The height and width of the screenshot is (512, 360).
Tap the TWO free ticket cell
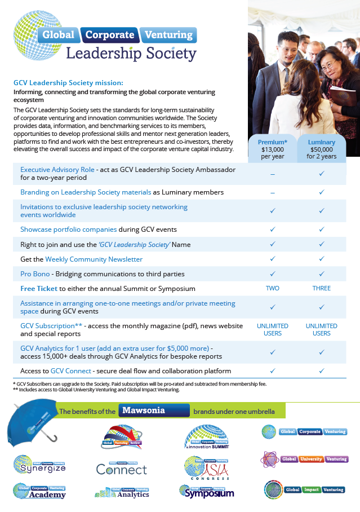point(273,288)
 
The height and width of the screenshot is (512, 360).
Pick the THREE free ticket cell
point(322,288)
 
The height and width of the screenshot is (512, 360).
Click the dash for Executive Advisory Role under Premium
point(273,174)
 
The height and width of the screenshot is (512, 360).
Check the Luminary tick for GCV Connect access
point(322,371)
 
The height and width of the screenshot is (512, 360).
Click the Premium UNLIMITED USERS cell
point(273,329)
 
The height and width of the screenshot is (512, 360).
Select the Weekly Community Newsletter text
point(94,259)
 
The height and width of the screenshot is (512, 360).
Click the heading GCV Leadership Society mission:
point(72,82)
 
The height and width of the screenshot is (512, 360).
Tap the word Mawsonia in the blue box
point(145,411)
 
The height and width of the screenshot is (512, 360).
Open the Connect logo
point(121,467)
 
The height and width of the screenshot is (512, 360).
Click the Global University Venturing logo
point(304,459)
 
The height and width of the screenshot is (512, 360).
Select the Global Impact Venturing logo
point(305,489)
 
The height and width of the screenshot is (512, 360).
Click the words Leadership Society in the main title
point(131,54)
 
